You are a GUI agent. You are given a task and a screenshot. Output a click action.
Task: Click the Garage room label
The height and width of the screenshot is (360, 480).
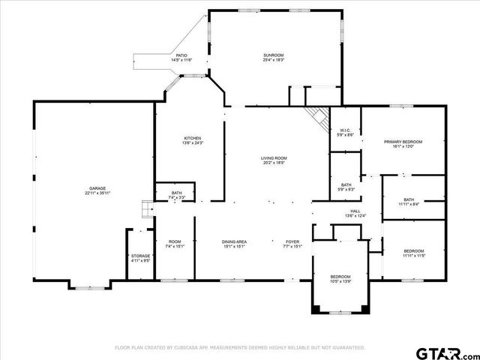point(97,188)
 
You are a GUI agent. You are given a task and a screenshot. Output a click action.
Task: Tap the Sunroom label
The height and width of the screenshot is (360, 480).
point(273,55)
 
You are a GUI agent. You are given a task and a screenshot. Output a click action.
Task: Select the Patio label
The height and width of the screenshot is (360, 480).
point(181,55)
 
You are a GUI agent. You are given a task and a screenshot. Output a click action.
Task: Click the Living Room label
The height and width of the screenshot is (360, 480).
point(274,158)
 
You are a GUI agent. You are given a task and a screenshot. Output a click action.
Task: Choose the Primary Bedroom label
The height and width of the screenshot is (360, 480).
point(403,142)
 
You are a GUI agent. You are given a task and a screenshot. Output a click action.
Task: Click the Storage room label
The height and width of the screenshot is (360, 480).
point(140,256)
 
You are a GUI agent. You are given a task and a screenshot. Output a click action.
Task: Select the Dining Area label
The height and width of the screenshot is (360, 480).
point(235,241)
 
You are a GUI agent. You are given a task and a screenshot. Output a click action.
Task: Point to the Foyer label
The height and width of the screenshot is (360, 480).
point(292,241)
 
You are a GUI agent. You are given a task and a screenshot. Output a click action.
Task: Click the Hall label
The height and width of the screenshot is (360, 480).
point(355,211)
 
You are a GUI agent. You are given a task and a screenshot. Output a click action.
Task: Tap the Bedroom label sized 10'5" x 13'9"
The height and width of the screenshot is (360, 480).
point(340,277)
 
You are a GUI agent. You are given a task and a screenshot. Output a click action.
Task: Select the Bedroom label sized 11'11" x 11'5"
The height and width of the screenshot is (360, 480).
point(413,251)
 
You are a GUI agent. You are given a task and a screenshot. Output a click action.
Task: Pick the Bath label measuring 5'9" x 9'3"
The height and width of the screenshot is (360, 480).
point(346,185)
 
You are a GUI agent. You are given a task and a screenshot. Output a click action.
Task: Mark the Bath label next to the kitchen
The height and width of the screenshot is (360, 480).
point(176,193)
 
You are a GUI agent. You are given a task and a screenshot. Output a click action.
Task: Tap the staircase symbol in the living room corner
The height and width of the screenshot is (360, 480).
point(317,117)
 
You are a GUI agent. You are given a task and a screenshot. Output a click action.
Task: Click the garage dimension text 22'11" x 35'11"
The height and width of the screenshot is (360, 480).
point(97,193)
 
